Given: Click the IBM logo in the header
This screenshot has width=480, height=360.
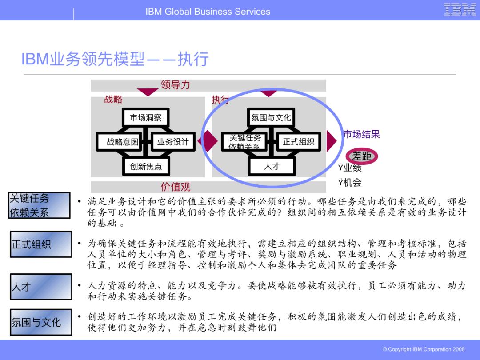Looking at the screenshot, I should (x=460, y=10).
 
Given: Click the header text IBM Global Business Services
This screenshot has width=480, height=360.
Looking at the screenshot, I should (x=208, y=12).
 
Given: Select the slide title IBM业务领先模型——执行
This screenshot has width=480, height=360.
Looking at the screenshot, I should (x=115, y=59).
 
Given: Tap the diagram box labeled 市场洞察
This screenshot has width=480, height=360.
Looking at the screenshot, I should (x=145, y=118).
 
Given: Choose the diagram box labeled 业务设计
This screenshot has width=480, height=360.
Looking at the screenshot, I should (x=173, y=142).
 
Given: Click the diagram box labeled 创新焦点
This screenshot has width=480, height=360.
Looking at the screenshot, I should (x=146, y=166).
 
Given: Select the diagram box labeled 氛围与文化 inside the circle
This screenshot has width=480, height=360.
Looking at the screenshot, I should (x=271, y=118).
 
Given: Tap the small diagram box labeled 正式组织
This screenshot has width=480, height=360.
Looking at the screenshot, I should (x=298, y=142).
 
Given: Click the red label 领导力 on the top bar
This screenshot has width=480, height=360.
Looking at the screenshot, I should (x=175, y=85).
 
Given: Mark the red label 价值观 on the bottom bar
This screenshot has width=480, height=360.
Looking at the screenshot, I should (x=175, y=187).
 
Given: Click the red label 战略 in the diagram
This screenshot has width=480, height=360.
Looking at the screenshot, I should (x=113, y=100).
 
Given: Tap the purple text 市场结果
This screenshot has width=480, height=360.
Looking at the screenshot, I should (x=361, y=134).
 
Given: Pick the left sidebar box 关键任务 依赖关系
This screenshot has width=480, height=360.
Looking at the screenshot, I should (x=39, y=205).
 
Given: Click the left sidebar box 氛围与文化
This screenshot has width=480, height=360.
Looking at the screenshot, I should (x=41, y=322).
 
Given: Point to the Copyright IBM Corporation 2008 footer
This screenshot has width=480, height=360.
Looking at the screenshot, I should (x=423, y=349).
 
